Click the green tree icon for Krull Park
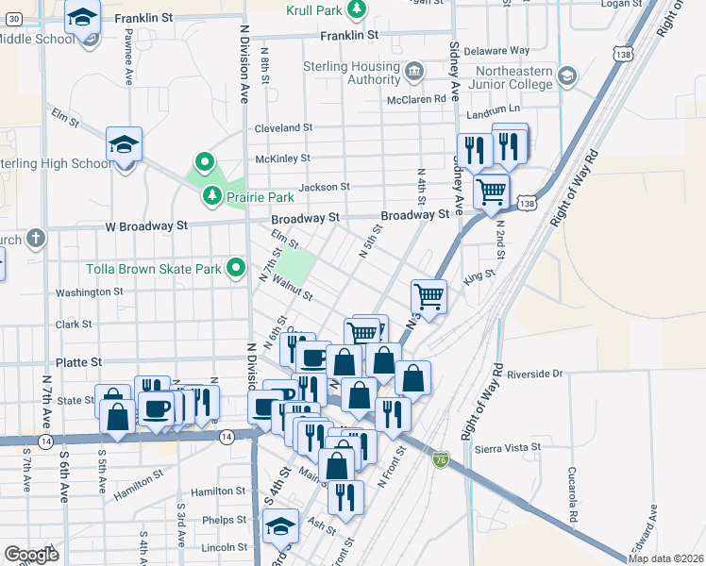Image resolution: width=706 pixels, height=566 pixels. [356, 10]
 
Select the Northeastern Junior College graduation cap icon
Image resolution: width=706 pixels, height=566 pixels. [566, 75]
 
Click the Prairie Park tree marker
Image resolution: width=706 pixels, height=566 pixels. [212, 195]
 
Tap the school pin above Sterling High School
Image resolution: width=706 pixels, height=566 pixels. [124, 145]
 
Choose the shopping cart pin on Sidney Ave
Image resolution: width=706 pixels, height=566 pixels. [491, 191]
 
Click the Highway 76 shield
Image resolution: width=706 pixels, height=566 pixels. [441, 458]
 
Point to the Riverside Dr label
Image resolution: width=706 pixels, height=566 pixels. [534, 375]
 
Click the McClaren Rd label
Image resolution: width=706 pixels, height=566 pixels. [416, 99]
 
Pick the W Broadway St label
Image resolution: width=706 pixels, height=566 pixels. [146, 226]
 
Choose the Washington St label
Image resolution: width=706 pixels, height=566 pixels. [90, 292]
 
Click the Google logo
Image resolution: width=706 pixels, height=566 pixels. [31, 555]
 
